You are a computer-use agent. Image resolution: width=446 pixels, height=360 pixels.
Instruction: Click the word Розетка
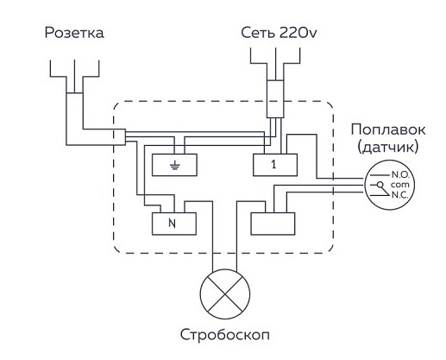[x=74, y=33]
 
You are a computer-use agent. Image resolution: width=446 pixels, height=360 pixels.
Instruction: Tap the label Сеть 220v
[x=279, y=33]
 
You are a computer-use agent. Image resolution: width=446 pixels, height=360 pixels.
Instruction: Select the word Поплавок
[x=388, y=129]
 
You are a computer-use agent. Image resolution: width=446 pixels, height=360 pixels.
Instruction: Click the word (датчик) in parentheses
[x=388, y=147]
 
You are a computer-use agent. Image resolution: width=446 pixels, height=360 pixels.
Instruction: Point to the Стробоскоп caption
[x=225, y=335]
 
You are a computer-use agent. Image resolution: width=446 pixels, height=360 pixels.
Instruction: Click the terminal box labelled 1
[x=275, y=165]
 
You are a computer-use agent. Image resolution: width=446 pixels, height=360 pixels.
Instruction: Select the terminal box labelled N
[x=174, y=224]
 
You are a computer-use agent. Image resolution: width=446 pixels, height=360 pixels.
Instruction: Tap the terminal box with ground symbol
[x=174, y=165]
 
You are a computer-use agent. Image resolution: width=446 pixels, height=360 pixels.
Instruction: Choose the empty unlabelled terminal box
[x=273, y=224]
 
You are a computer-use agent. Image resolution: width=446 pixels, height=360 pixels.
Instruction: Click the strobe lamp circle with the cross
[x=225, y=294]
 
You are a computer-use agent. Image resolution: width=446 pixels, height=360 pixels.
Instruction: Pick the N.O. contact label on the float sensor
[x=400, y=174]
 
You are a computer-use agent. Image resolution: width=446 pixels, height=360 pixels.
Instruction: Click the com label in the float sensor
[x=399, y=185]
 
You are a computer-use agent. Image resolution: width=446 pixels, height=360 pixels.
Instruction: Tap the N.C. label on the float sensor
[x=400, y=195]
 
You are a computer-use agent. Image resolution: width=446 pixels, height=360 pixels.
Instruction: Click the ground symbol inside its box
[x=174, y=166]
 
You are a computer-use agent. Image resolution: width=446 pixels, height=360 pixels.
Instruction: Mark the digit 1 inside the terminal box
[x=273, y=165]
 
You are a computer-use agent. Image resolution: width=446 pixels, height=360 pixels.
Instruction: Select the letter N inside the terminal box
[x=172, y=224]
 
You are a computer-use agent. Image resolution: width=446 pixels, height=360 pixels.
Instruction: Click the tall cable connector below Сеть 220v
[x=275, y=98]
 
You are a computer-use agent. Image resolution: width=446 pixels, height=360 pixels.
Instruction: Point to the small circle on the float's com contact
[x=380, y=185]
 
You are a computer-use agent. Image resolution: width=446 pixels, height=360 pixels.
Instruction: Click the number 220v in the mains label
[x=298, y=33]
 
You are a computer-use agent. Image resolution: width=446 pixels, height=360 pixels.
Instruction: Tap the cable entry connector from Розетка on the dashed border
[x=120, y=137]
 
